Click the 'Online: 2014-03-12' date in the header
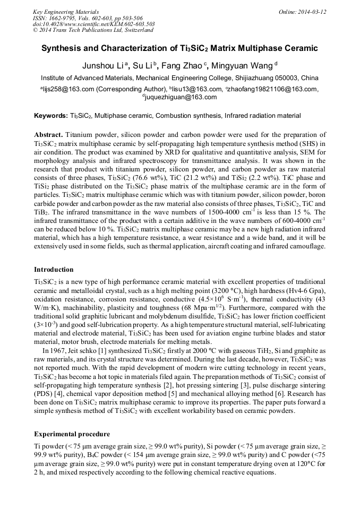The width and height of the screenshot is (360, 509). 303,12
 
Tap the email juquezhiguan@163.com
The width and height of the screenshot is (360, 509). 181,97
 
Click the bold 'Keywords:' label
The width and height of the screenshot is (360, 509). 51,116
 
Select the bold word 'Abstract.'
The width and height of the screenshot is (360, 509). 49,135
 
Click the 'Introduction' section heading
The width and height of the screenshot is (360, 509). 54,270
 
